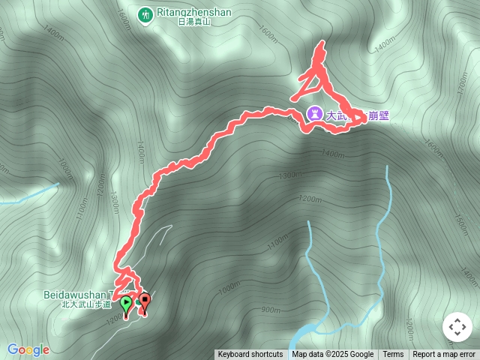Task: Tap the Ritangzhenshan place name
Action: click(193, 13)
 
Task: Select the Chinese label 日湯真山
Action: click(193, 22)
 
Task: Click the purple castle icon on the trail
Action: click(314, 114)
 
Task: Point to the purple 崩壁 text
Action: click(378, 115)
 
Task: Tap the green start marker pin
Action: click(126, 304)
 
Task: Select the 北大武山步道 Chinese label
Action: click(85, 304)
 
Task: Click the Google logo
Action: click(28, 349)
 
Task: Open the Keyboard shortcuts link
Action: click(250, 355)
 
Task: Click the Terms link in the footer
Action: click(393, 355)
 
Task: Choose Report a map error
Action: click(444, 355)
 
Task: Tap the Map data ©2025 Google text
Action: click(332, 355)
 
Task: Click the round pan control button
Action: click(457, 327)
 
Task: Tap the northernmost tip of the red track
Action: click(322, 43)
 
